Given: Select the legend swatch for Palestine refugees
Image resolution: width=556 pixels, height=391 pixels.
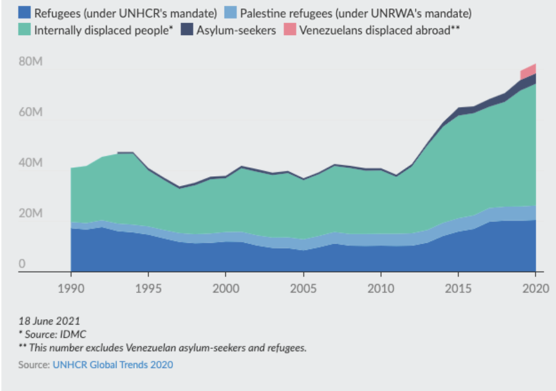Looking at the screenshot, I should [231, 12].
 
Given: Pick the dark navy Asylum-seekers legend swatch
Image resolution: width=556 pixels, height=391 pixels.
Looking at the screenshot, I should [187, 30].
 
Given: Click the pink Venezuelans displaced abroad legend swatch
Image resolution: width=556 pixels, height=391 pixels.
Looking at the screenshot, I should [288, 30].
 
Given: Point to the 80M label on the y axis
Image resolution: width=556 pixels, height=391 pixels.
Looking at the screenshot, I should [30, 61].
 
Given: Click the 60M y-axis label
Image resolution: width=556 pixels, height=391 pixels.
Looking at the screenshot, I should [30, 113].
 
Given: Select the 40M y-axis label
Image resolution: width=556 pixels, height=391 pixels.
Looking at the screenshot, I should [30, 164].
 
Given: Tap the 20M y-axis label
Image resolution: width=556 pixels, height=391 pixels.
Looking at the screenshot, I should [30, 214].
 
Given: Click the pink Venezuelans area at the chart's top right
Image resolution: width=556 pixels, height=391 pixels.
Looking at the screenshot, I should [530, 70].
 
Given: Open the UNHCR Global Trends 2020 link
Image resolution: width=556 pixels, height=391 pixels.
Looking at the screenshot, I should [113, 364].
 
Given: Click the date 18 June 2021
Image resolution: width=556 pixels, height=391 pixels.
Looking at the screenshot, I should [49, 321].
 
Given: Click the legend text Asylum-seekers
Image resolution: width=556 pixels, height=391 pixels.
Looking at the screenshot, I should [237, 30].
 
